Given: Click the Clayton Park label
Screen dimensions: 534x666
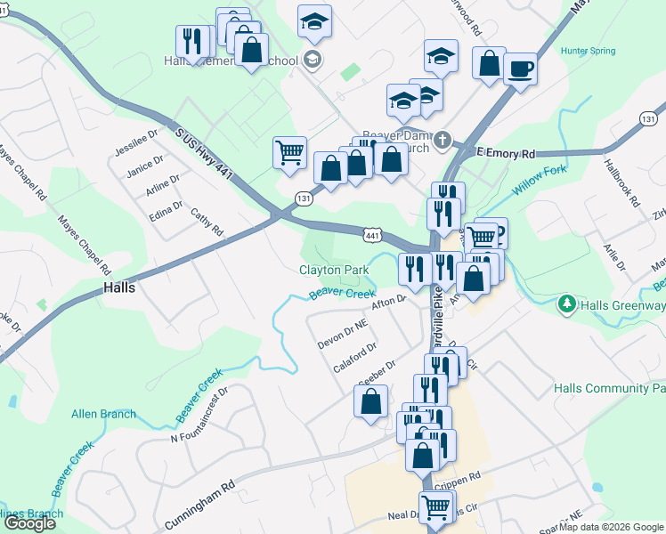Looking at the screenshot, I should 334,270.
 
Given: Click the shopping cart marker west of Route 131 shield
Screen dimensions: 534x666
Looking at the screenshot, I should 289,153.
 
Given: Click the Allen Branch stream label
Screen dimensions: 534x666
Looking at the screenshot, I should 104,414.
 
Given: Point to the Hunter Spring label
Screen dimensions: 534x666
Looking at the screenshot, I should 588,51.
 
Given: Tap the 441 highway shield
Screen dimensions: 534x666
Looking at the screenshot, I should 373,234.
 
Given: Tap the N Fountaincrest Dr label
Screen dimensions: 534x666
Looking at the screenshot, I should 199,414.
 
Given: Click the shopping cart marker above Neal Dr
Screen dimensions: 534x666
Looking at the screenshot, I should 435,507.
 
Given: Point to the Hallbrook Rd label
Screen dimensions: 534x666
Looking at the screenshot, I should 621,183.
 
